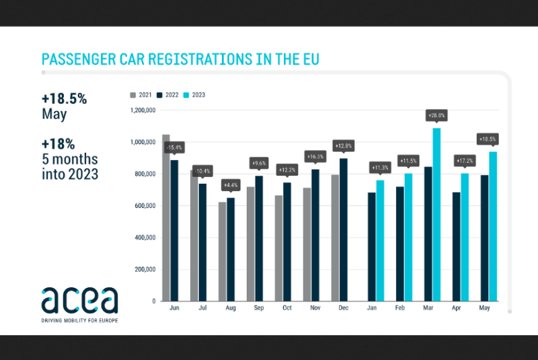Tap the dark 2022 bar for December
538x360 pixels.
click(x=344, y=229)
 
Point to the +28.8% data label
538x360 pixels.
click(x=436, y=116)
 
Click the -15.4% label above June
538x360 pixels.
click(x=175, y=147)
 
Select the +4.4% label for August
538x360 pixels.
click(x=231, y=186)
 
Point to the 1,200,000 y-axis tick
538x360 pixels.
click(x=143, y=110)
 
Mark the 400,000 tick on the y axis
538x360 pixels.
click(x=144, y=238)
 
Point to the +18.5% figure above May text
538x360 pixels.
click(x=63, y=98)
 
